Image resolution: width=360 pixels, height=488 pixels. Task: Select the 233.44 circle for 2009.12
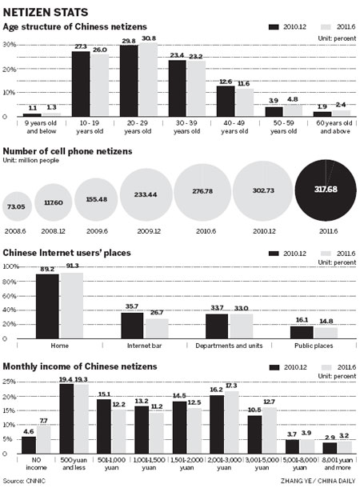(145, 205)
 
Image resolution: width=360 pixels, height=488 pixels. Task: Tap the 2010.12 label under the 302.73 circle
(263, 235)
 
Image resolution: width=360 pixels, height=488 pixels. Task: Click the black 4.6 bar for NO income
(29, 450)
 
